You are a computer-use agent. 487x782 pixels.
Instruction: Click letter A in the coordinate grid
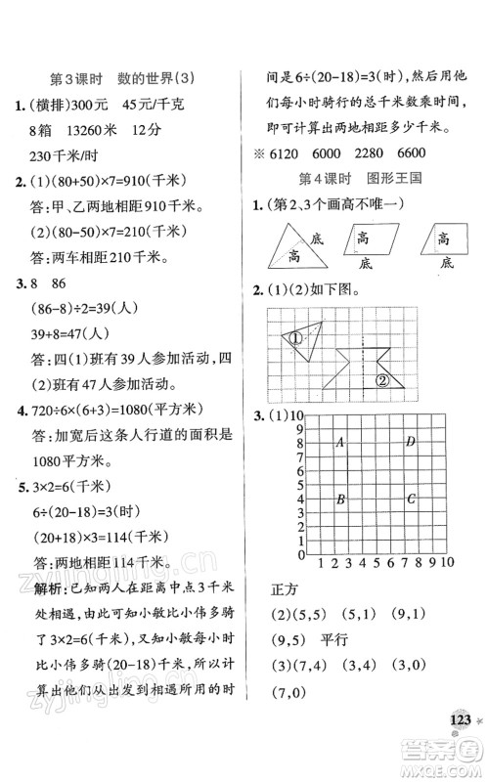click(x=339, y=442)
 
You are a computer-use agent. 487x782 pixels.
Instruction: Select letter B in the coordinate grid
click(x=339, y=500)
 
